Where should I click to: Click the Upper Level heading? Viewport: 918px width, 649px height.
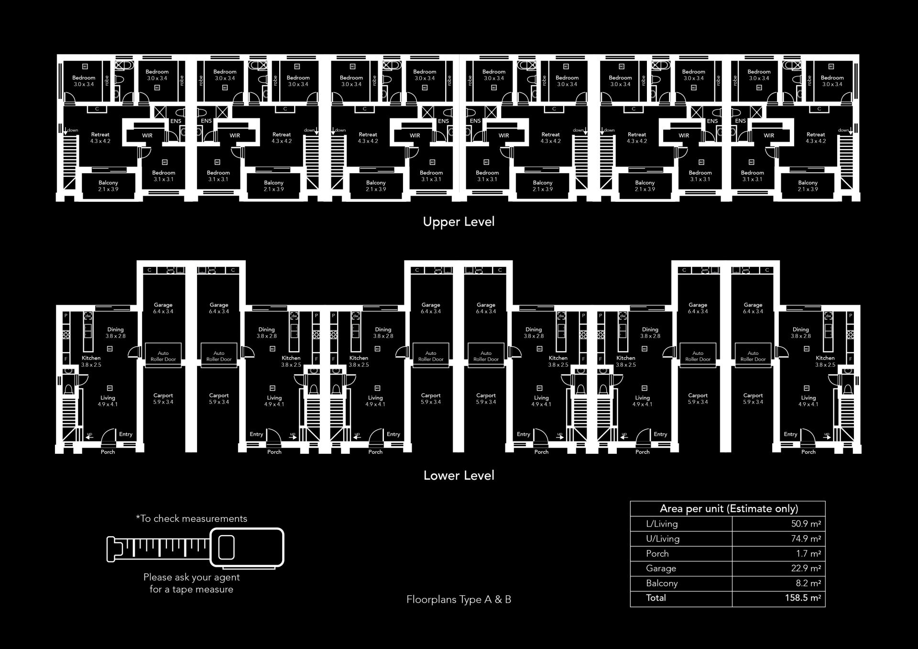(459, 222)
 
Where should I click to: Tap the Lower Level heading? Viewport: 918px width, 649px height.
(459, 475)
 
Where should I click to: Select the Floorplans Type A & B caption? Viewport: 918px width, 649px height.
(459, 599)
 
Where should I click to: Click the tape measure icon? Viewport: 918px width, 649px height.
(195, 548)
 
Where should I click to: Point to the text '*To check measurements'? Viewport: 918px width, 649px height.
(191, 518)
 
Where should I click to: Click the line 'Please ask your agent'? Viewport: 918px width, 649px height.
(191, 577)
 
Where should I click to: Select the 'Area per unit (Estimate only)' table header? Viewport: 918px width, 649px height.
(728, 508)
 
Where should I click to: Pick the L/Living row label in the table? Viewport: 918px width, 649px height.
(662, 524)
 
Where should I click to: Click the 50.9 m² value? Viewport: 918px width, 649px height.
(806, 524)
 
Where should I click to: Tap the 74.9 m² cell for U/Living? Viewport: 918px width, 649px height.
(806, 539)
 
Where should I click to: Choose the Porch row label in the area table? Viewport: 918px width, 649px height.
(657, 553)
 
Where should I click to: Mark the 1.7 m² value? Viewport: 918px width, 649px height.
(808, 553)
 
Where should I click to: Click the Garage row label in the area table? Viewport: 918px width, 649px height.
(661, 568)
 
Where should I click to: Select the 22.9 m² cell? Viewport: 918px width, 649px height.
(806, 568)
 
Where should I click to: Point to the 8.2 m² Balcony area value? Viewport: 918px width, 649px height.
(808, 583)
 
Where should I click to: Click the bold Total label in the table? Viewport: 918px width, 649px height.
(656, 598)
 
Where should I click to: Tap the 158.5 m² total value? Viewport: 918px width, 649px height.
(803, 598)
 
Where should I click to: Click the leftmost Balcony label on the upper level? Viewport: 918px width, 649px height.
(108, 183)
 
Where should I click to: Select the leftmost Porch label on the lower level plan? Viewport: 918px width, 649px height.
(108, 452)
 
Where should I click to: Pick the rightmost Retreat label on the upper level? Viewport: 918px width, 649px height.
(816, 135)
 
